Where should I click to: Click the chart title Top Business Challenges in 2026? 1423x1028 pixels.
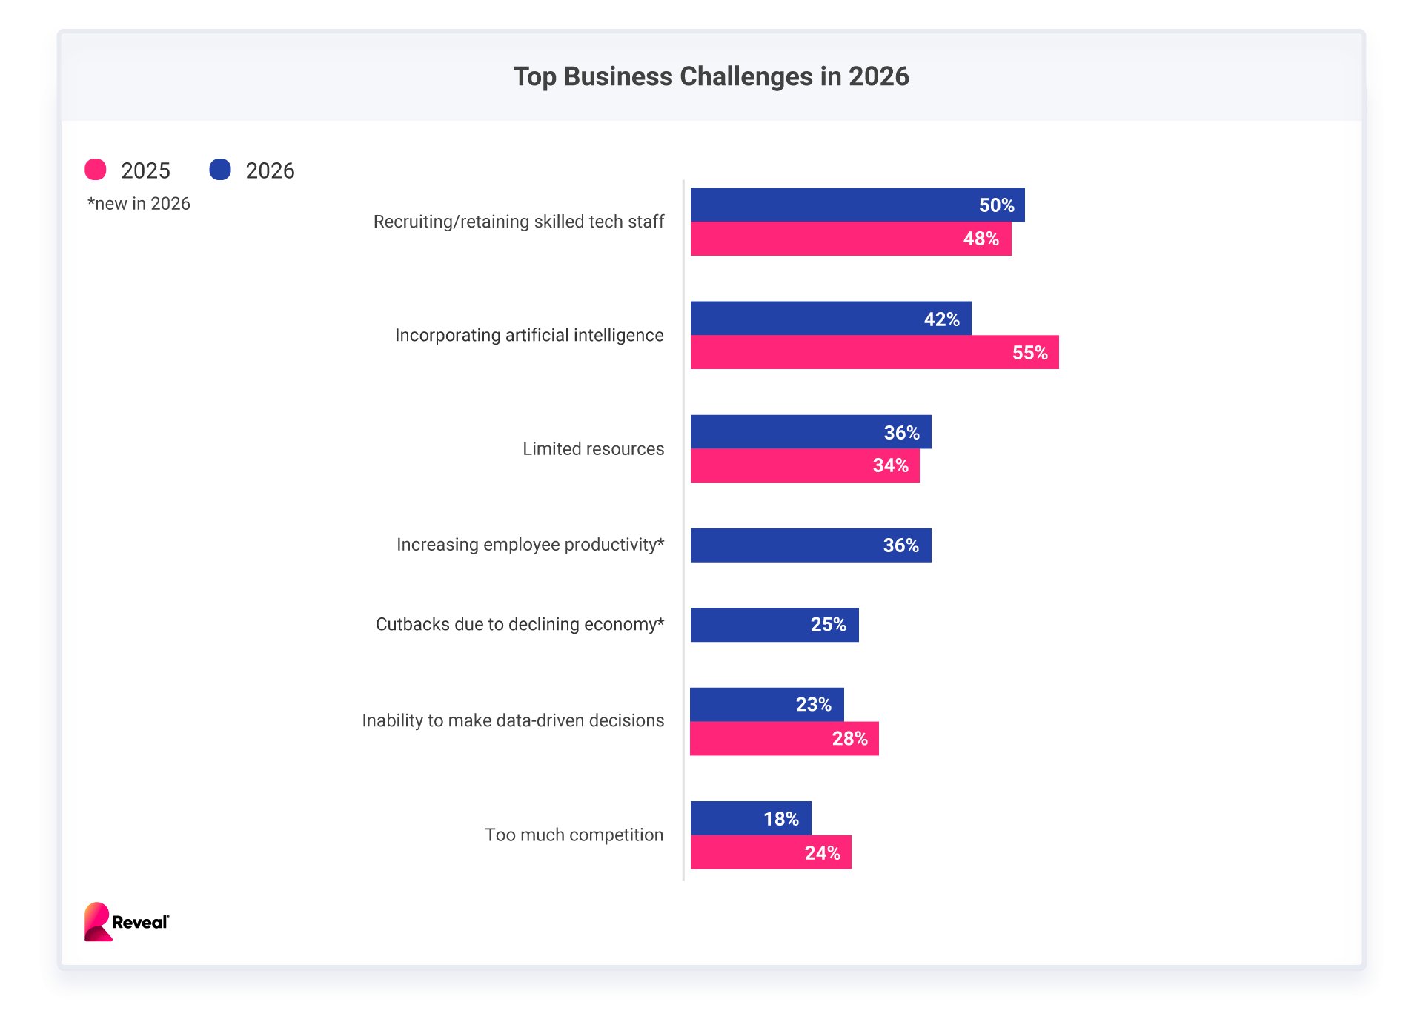click(x=711, y=76)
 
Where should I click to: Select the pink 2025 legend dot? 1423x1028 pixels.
click(x=96, y=170)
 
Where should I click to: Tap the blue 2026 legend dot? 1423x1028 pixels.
click(x=220, y=170)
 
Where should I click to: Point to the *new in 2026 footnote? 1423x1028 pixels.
click(x=139, y=204)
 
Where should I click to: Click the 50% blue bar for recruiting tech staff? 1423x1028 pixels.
click(x=857, y=205)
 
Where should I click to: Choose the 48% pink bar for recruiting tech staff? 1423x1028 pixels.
click(x=850, y=239)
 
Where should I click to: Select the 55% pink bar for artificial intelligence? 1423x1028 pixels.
click(x=874, y=352)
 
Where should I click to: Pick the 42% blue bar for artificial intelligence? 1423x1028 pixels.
click(x=830, y=318)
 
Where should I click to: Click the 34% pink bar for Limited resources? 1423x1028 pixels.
click(x=804, y=465)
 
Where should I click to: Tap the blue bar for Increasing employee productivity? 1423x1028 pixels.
click(x=810, y=545)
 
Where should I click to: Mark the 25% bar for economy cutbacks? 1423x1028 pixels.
click(x=774, y=624)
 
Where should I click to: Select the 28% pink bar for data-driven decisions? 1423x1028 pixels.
click(x=783, y=738)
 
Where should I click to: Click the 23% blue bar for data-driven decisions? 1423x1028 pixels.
click(x=766, y=704)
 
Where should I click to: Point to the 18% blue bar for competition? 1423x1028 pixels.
click(x=750, y=818)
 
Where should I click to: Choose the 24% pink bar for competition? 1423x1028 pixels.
click(x=770, y=852)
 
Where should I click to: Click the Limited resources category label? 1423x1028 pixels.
click(x=593, y=449)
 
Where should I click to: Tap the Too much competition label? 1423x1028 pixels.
click(x=574, y=835)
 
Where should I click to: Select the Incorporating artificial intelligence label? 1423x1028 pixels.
click(x=529, y=335)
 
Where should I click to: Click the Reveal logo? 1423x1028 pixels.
click(x=126, y=922)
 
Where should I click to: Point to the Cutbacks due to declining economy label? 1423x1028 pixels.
click(x=520, y=624)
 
